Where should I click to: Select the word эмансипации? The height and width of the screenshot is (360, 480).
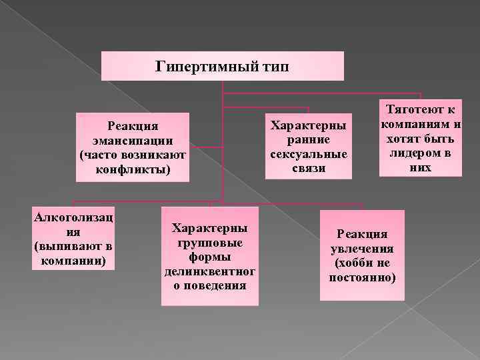pyautogui.click(x=133, y=140)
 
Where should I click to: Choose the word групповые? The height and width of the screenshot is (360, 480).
pyautogui.click(x=209, y=242)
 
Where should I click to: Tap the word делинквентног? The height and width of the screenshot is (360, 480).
pyautogui.click(x=209, y=271)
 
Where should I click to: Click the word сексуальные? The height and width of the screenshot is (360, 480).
pyautogui.click(x=307, y=154)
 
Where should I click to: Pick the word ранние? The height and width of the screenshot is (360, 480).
pyautogui.click(x=307, y=139)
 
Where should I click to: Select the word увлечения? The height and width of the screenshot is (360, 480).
pyautogui.click(x=362, y=248)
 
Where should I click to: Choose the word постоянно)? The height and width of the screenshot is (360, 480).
pyautogui.click(x=362, y=276)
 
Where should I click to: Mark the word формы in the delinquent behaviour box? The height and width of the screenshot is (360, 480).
pyautogui.click(x=209, y=257)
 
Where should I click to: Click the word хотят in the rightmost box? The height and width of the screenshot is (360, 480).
pyautogui.click(x=399, y=139)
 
